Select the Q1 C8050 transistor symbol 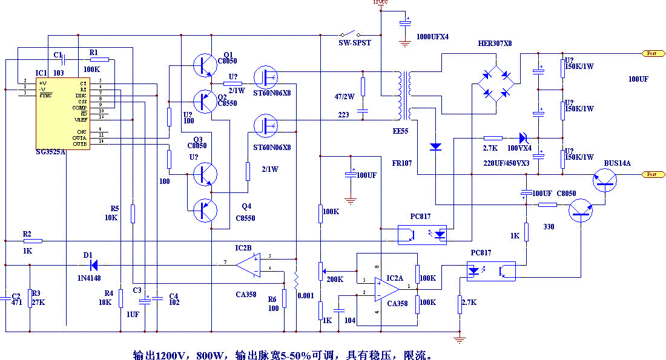point(203,65)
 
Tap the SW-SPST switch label point(354,43)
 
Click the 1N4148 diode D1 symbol point(93,264)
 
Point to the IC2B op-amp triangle point(248,265)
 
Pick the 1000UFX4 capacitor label point(432,36)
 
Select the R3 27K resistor point(30,298)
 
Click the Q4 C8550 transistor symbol point(203,210)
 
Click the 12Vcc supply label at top point(380,3)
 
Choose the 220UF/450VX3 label point(506,163)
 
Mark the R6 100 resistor point(284,298)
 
